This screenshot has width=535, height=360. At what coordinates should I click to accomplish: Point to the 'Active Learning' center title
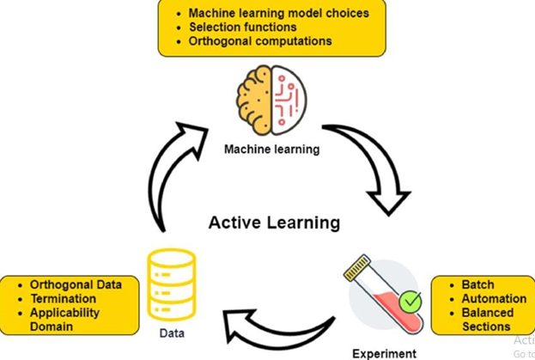pos(274,223)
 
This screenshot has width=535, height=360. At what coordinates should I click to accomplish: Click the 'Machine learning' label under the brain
pos(271,149)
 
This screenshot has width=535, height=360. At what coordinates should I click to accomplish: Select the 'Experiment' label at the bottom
pos(384,352)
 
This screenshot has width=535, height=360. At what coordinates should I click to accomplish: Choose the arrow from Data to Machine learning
pos(173,173)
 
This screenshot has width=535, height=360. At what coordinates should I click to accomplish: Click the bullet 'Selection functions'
pos(243,27)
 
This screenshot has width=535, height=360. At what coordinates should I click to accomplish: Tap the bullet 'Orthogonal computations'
pos(259,40)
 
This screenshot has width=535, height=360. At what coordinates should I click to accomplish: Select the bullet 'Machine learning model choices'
pos(278,13)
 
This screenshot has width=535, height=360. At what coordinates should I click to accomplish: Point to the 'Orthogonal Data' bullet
pos(76,284)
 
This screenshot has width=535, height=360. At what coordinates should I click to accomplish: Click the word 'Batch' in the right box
pos(478,285)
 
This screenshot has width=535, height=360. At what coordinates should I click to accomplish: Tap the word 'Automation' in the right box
pos(494,299)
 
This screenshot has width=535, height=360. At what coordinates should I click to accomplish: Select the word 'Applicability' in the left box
pos(64,312)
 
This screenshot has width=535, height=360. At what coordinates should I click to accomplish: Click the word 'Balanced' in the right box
pos(487,313)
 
